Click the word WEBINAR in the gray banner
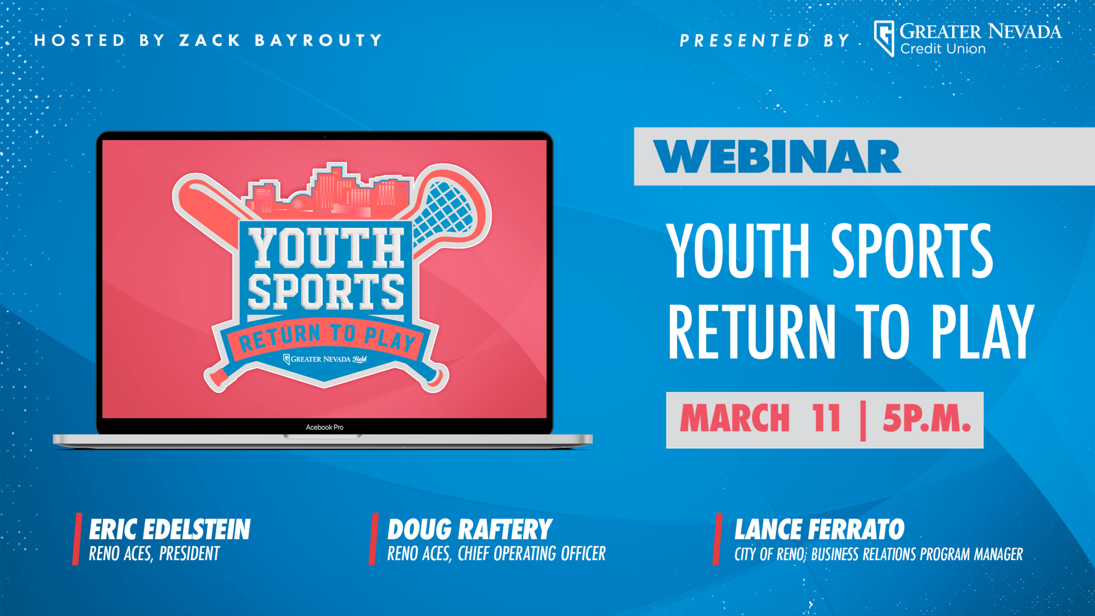pyautogui.click(x=777, y=156)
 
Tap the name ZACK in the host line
pyautogui.click(x=210, y=40)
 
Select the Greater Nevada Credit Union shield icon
pyautogui.click(x=884, y=38)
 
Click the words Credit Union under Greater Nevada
pyautogui.click(x=943, y=49)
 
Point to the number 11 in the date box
pyautogui.click(x=827, y=418)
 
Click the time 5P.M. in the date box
pyautogui.click(x=926, y=418)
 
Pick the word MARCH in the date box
pyautogui.click(x=734, y=418)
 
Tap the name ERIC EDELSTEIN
pyautogui.click(x=170, y=529)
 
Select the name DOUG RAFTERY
pyautogui.click(x=470, y=529)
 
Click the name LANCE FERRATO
pyautogui.click(x=819, y=529)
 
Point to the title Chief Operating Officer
pyautogui.click(x=532, y=554)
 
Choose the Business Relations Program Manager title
pyautogui.click(x=917, y=554)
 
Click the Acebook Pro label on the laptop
pyautogui.click(x=324, y=427)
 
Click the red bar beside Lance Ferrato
pyautogui.click(x=717, y=539)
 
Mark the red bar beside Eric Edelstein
pyautogui.click(x=77, y=539)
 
